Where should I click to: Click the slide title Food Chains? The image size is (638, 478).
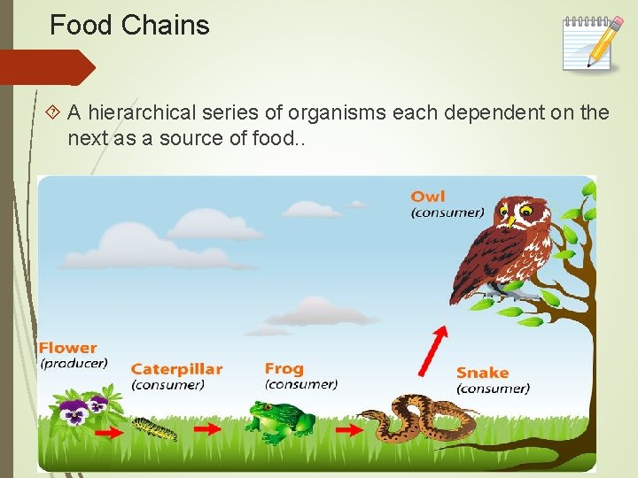point(129,26)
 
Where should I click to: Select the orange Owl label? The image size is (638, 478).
point(428,196)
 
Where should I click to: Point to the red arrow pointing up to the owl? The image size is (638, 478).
point(433,350)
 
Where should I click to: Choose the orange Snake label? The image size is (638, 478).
point(482,373)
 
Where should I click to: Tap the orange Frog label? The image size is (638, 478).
point(284,368)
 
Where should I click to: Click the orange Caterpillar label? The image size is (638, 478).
point(176,369)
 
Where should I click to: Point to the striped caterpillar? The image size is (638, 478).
point(154,429)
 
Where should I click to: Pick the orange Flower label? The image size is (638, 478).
point(68,348)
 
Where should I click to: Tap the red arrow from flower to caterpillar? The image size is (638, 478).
point(108,433)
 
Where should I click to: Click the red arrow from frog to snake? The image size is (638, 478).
point(349,429)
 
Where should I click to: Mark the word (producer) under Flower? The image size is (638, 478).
point(74,363)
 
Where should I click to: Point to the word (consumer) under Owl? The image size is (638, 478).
point(447,212)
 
